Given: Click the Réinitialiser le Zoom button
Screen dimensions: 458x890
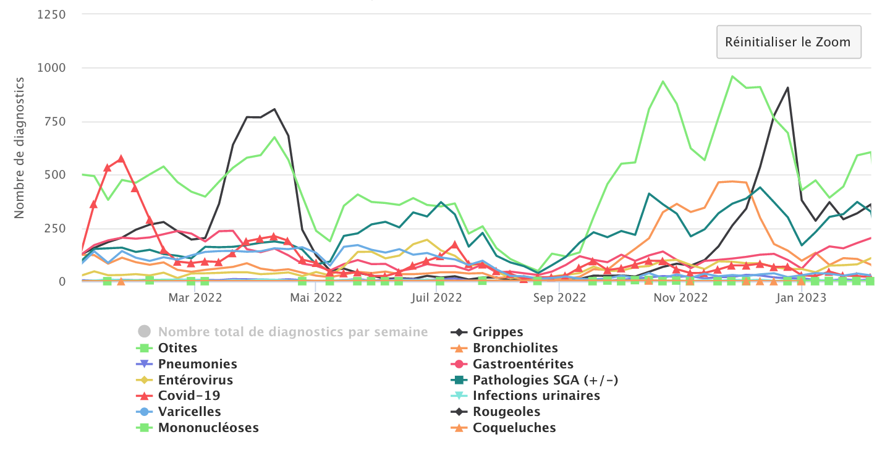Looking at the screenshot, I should (x=788, y=42).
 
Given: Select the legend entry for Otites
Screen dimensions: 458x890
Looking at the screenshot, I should (x=177, y=348).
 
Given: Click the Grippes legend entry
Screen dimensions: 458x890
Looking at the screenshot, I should (x=498, y=332).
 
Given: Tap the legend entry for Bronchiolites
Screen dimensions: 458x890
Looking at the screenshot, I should (x=515, y=348).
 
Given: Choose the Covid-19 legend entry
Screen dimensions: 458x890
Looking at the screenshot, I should (x=189, y=396).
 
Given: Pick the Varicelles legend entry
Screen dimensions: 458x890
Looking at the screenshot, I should (x=189, y=412).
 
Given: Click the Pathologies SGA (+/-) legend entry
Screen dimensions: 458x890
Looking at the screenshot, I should (x=545, y=380).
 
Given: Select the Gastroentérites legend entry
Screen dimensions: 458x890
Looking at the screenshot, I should (x=523, y=364).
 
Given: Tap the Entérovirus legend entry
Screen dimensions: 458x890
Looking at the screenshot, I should (x=195, y=380).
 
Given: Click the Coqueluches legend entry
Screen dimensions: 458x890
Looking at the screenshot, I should (x=514, y=428).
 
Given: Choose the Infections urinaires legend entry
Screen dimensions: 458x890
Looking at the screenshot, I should (x=536, y=396).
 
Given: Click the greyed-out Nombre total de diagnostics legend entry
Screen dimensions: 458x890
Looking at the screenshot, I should (x=292, y=332).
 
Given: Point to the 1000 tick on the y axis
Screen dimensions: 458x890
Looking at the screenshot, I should (x=53, y=67).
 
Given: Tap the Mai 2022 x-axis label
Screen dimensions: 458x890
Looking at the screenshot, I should (x=316, y=298).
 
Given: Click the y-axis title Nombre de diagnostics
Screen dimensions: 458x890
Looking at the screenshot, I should (x=19, y=148).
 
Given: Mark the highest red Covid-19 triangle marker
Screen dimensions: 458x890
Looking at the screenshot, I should (x=121, y=159).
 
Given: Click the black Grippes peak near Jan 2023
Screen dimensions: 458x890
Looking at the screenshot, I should (x=787, y=88).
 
